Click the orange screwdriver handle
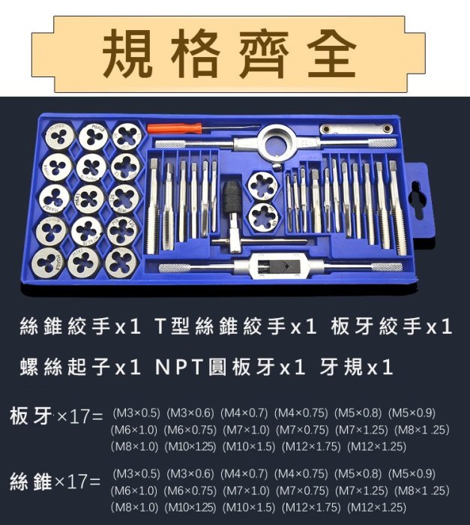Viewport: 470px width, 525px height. [175, 128]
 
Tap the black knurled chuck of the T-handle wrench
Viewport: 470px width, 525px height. [232, 197]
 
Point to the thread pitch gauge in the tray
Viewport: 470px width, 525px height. [356, 129]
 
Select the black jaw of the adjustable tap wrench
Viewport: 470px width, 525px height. [277, 267]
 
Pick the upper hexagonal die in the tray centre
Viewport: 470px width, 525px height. [263, 185]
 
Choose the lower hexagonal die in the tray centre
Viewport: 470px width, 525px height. [264, 217]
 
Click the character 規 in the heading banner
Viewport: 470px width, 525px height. [127, 53]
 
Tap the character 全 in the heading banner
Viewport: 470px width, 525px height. [331, 53]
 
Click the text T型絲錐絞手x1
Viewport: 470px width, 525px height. [235, 326]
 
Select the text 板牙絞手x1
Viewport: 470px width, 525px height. [391, 326]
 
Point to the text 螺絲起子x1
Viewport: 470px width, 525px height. [80, 367]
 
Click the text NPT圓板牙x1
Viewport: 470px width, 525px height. [230, 367]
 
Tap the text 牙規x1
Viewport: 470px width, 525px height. [355, 367]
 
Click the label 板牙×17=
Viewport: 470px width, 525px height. [56, 416]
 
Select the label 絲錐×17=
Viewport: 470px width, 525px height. [55, 481]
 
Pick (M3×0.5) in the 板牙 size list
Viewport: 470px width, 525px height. [136, 412]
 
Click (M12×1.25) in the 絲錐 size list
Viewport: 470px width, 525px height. [376, 507]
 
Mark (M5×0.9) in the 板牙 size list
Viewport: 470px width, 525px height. [412, 412]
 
